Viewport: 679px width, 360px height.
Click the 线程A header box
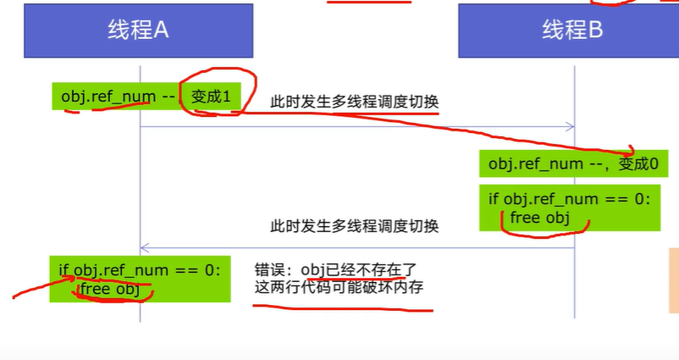click(x=140, y=30)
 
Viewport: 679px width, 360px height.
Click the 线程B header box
click(x=572, y=30)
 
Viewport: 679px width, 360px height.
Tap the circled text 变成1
click(x=212, y=97)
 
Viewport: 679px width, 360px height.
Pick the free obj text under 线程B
click(x=538, y=218)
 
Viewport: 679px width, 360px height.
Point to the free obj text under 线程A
click(x=109, y=290)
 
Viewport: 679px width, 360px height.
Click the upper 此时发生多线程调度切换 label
click(x=355, y=102)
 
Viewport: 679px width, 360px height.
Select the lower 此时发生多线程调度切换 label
click(x=355, y=226)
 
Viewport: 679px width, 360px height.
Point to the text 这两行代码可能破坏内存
click(x=339, y=288)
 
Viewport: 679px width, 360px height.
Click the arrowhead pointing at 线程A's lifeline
click(x=144, y=248)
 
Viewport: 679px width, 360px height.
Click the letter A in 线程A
click(x=162, y=30)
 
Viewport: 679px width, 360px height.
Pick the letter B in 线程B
click(x=594, y=30)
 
